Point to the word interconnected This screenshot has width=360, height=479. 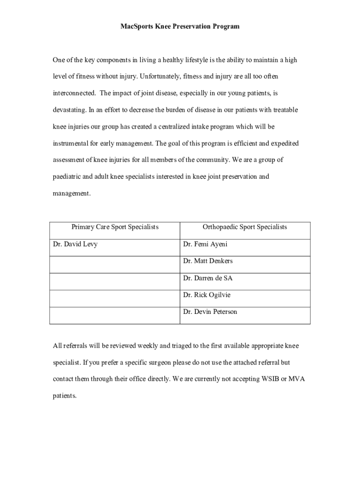click(x=74, y=93)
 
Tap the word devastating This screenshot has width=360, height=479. click(x=69, y=110)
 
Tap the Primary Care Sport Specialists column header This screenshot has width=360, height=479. click(x=115, y=227)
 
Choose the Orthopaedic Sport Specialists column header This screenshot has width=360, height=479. click(x=245, y=227)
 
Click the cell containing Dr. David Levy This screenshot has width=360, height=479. click(x=75, y=244)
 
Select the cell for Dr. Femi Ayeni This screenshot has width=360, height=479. click(x=205, y=244)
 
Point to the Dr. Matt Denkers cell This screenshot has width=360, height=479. click(x=208, y=261)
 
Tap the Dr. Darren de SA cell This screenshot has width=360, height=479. click(x=208, y=278)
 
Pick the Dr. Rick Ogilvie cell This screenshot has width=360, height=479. click(x=207, y=295)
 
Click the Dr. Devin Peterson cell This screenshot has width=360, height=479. click(x=210, y=312)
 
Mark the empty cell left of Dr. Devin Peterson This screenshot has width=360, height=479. click(x=115, y=315)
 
